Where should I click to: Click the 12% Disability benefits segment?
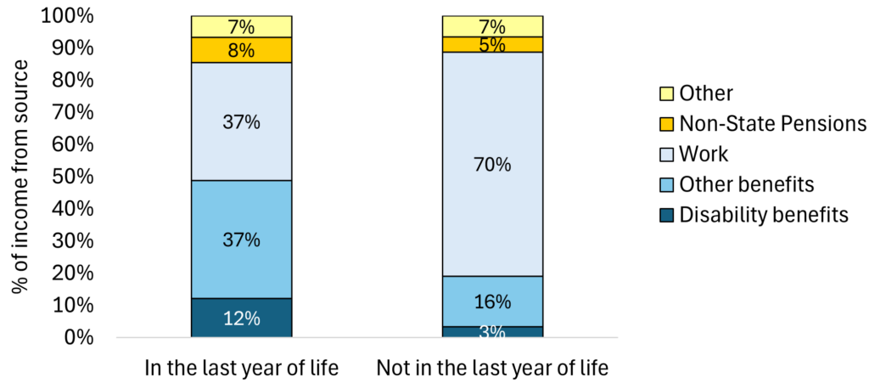click(x=241, y=318)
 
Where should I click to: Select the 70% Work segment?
click(x=492, y=164)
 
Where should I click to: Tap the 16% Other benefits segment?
click(x=492, y=301)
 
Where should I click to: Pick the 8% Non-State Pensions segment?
click(x=241, y=50)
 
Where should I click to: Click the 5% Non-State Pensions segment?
click(x=492, y=44)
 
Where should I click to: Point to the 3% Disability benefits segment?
click(x=492, y=331)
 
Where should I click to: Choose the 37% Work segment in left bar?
click(x=241, y=121)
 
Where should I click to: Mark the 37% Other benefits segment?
click(x=241, y=239)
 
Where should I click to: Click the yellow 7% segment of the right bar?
click(x=492, y=26)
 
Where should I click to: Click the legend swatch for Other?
click(x=666, y=93)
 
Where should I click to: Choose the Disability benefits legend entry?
click(x=764, y=216)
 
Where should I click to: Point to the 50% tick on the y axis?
click(x=80, y=177)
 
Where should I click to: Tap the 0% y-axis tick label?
click(x=85, y=337)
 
